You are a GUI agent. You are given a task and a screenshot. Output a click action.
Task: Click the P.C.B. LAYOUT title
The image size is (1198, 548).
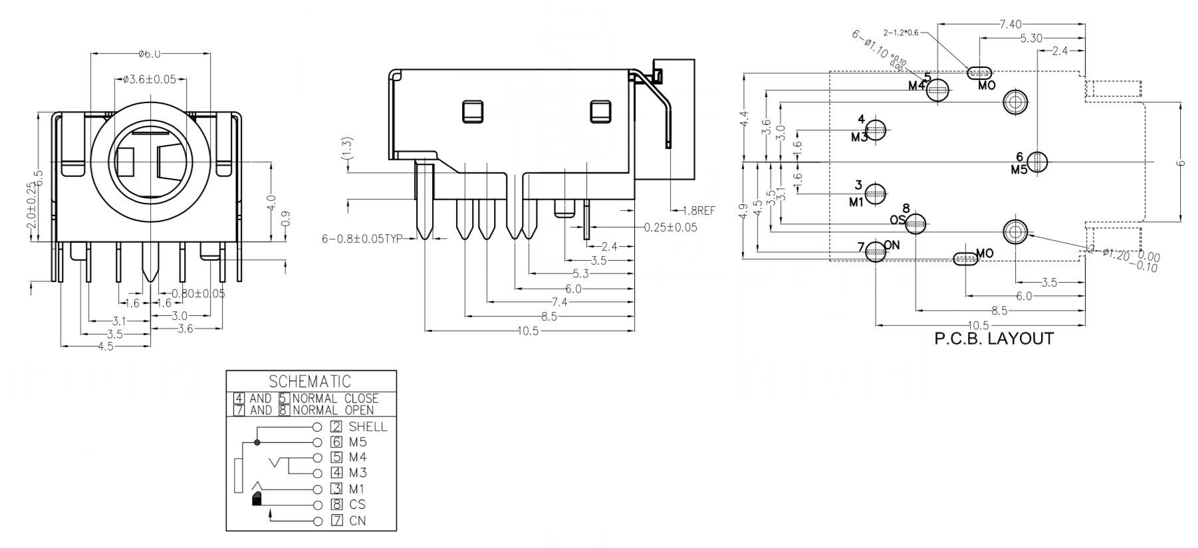[x=994, y=339]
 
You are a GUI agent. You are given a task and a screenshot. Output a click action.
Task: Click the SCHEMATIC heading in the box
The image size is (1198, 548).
[x=310, y=382]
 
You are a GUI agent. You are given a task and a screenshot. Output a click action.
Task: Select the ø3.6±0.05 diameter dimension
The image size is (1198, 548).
[x=150, y=80]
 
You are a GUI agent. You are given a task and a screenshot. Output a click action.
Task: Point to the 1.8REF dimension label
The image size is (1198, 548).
[x=699, y=211]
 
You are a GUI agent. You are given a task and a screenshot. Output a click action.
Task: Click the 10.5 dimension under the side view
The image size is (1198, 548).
[x=528, y=331]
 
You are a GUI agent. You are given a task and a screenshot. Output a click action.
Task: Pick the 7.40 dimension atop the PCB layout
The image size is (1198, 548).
[x=1010, y=25]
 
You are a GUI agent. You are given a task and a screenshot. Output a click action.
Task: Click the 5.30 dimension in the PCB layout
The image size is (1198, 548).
[x=1030, y=39]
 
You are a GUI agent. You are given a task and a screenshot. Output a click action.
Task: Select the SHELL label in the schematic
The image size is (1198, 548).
[x=368, y=427]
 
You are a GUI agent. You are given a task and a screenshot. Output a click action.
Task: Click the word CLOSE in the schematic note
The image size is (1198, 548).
[x=361, y=398]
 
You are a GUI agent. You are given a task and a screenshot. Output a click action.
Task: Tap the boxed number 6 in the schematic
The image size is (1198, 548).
[x=336, y=442]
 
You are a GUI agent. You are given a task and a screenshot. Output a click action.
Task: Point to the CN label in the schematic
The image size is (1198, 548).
[x=358, y=521]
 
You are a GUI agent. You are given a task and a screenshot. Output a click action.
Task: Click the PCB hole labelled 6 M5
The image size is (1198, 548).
[x=1037, y=162]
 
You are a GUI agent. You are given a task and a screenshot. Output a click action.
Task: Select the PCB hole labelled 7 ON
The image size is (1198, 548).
[x=876, y=251]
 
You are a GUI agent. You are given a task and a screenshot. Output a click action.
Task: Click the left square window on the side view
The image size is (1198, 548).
[x=473, y=112]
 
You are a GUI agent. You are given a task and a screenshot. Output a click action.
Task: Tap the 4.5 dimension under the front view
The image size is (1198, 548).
[x=106, y=346]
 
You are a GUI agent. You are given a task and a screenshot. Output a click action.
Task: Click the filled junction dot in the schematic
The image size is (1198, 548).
[x=257, y=442]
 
